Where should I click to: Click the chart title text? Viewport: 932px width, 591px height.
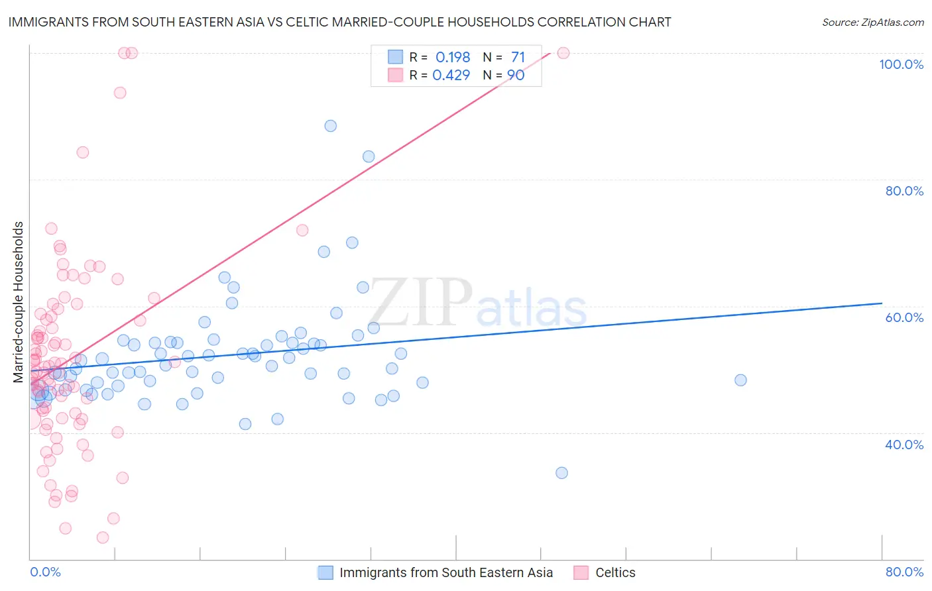click(x=339, y=22)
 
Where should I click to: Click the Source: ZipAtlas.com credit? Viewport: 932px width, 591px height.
click(x=872, y=22)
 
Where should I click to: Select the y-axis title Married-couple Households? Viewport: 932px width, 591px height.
click(x=19, y=302)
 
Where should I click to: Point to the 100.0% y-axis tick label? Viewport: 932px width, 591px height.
click(x=901, y=64)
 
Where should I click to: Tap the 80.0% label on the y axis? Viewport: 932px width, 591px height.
click(x=904, y=191)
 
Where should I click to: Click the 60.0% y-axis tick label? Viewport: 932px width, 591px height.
click(x=904, y=317)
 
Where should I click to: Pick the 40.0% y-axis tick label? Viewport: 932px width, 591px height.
click(x=904, y=445)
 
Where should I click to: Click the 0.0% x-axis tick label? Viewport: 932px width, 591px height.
click(x=45, y=572)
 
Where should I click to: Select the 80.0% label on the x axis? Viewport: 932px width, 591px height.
click(x=904, y=572)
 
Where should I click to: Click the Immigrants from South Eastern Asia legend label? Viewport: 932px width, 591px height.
click(x=445, y=572)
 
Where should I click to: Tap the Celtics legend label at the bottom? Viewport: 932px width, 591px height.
click(x=615, y=572)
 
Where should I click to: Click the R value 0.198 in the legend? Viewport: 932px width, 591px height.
click(x=453, y=58)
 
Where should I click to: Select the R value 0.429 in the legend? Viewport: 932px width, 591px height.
click(x=451, y=76)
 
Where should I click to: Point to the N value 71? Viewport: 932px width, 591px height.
click(x=518, y=58)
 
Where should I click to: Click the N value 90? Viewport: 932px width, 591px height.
click(x=516, y=76)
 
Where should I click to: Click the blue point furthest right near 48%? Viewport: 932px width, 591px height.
click(x=740, y=380)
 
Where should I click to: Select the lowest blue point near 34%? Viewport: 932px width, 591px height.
click(x=561, y=473)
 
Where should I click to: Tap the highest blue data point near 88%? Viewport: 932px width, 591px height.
click(x=330, y=126)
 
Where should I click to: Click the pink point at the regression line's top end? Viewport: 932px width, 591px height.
click(x=563, y=53)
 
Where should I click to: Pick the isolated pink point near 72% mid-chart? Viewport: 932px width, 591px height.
click(x=302, y=231)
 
